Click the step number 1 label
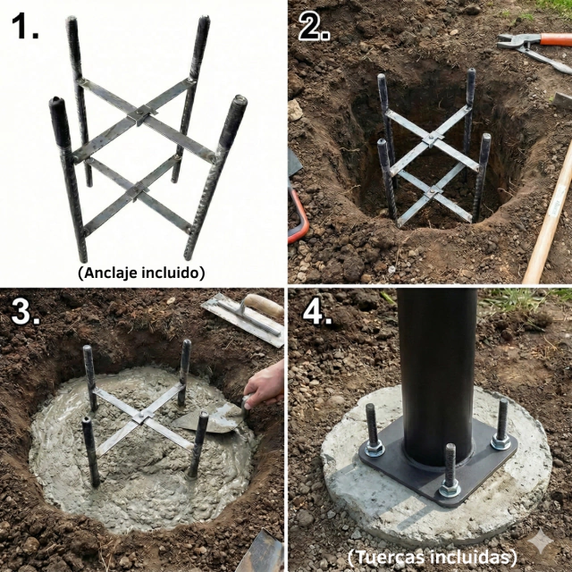tap(25, 26)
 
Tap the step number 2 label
tap(314, 28)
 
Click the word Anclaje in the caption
tap(108, 273)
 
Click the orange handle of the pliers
tap(556, 39)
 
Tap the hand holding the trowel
tap(265, 384)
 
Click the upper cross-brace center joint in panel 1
tap(141, 114)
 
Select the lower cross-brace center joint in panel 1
tap(137, 189)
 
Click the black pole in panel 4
tap(437, 375)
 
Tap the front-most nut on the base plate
tap(450, 488)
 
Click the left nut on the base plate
tap(374, 448)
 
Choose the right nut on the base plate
tap(500, 442)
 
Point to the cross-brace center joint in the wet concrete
tap(142, 416)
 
